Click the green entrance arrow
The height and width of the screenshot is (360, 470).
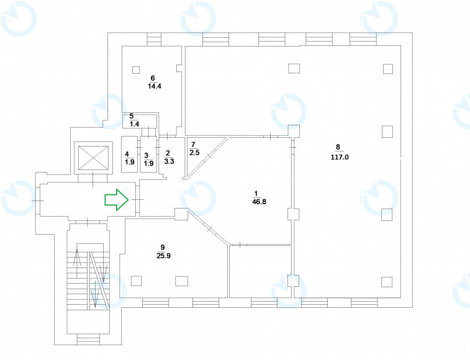(x=116, y=199)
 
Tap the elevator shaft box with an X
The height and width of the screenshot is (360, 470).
(x=91, y=159)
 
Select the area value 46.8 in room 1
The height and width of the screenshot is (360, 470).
(x=256, y=202)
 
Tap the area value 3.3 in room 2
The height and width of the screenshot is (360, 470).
(x=168, y=161)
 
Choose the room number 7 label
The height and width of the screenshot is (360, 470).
(x=194, y=144)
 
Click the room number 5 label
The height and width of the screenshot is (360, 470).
(x=131, y=116)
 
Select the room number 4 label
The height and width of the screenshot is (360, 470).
(x=127, y=154)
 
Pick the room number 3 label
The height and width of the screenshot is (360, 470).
(x=147, y=155)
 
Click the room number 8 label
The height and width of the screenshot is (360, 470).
(x=338, y=148)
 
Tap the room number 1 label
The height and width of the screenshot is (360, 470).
(x=256, y=192)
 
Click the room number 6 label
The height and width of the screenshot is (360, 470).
(x=152, y=78)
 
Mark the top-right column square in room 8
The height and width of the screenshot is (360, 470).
(x=387, y=68)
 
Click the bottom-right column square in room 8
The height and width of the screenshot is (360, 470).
(x=387, y=281)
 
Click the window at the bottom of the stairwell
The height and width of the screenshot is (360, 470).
(x=88, y=339)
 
